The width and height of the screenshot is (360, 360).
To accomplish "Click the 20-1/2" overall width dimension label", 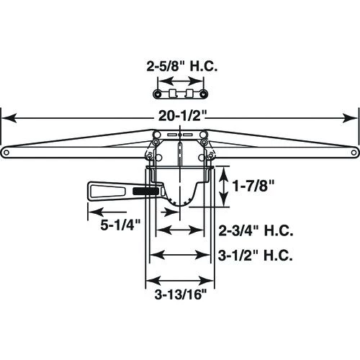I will [179, 120].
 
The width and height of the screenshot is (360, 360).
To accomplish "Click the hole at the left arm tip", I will [6, 152].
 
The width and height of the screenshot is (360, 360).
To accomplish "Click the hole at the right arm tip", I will [353, 152].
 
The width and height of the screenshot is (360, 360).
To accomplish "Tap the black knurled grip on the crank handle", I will [147, 192].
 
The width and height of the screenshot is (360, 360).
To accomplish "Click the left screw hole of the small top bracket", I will [156, 94].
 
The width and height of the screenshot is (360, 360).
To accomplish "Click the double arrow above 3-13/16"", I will [179, 280].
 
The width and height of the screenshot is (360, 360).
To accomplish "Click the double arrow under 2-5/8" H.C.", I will [180, 94].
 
